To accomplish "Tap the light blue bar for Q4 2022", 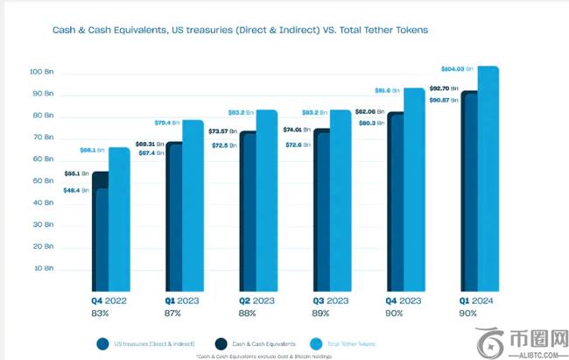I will pos(119,219).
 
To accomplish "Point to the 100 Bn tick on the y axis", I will pos(42,71).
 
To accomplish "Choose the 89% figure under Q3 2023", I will pos(321,313).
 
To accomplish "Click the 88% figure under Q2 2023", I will pos(248,313).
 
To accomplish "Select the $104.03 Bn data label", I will pos(456,68).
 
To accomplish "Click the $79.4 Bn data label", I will pos(167,123).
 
